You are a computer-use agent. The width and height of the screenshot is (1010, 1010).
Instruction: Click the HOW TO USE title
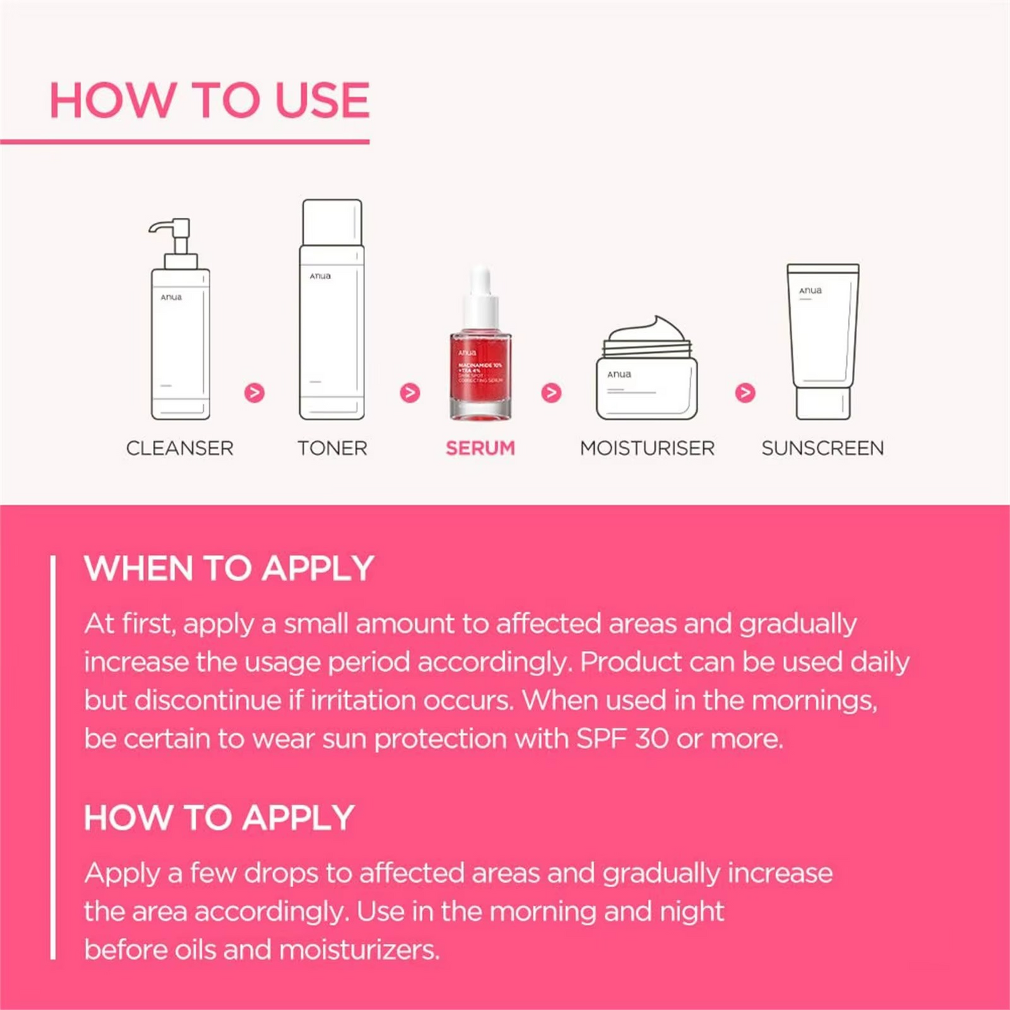click(209, 100)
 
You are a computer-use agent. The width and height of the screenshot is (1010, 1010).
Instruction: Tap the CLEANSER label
click(180, 448)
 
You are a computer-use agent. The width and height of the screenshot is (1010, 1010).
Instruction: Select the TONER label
click(332, 448)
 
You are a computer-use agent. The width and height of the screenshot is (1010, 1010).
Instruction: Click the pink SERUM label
click(480, 448)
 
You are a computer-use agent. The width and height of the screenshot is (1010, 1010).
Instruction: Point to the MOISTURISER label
click(647, 448)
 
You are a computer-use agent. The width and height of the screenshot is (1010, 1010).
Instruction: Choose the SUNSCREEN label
click(823, 448)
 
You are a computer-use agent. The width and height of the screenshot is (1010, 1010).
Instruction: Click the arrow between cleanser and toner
click(254, 393)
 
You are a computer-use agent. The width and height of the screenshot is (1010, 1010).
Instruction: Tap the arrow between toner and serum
click(410, 393)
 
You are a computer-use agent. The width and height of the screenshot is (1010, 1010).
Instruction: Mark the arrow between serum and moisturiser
click(551, 393)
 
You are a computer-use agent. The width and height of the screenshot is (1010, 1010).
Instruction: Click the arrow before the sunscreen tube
click(745, 393)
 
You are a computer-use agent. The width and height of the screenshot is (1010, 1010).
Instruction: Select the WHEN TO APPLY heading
click(229, 568)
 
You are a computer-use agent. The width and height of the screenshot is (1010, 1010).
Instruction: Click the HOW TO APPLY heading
click(219, 818)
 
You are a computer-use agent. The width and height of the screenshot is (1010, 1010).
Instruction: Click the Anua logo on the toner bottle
click(321, 276)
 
